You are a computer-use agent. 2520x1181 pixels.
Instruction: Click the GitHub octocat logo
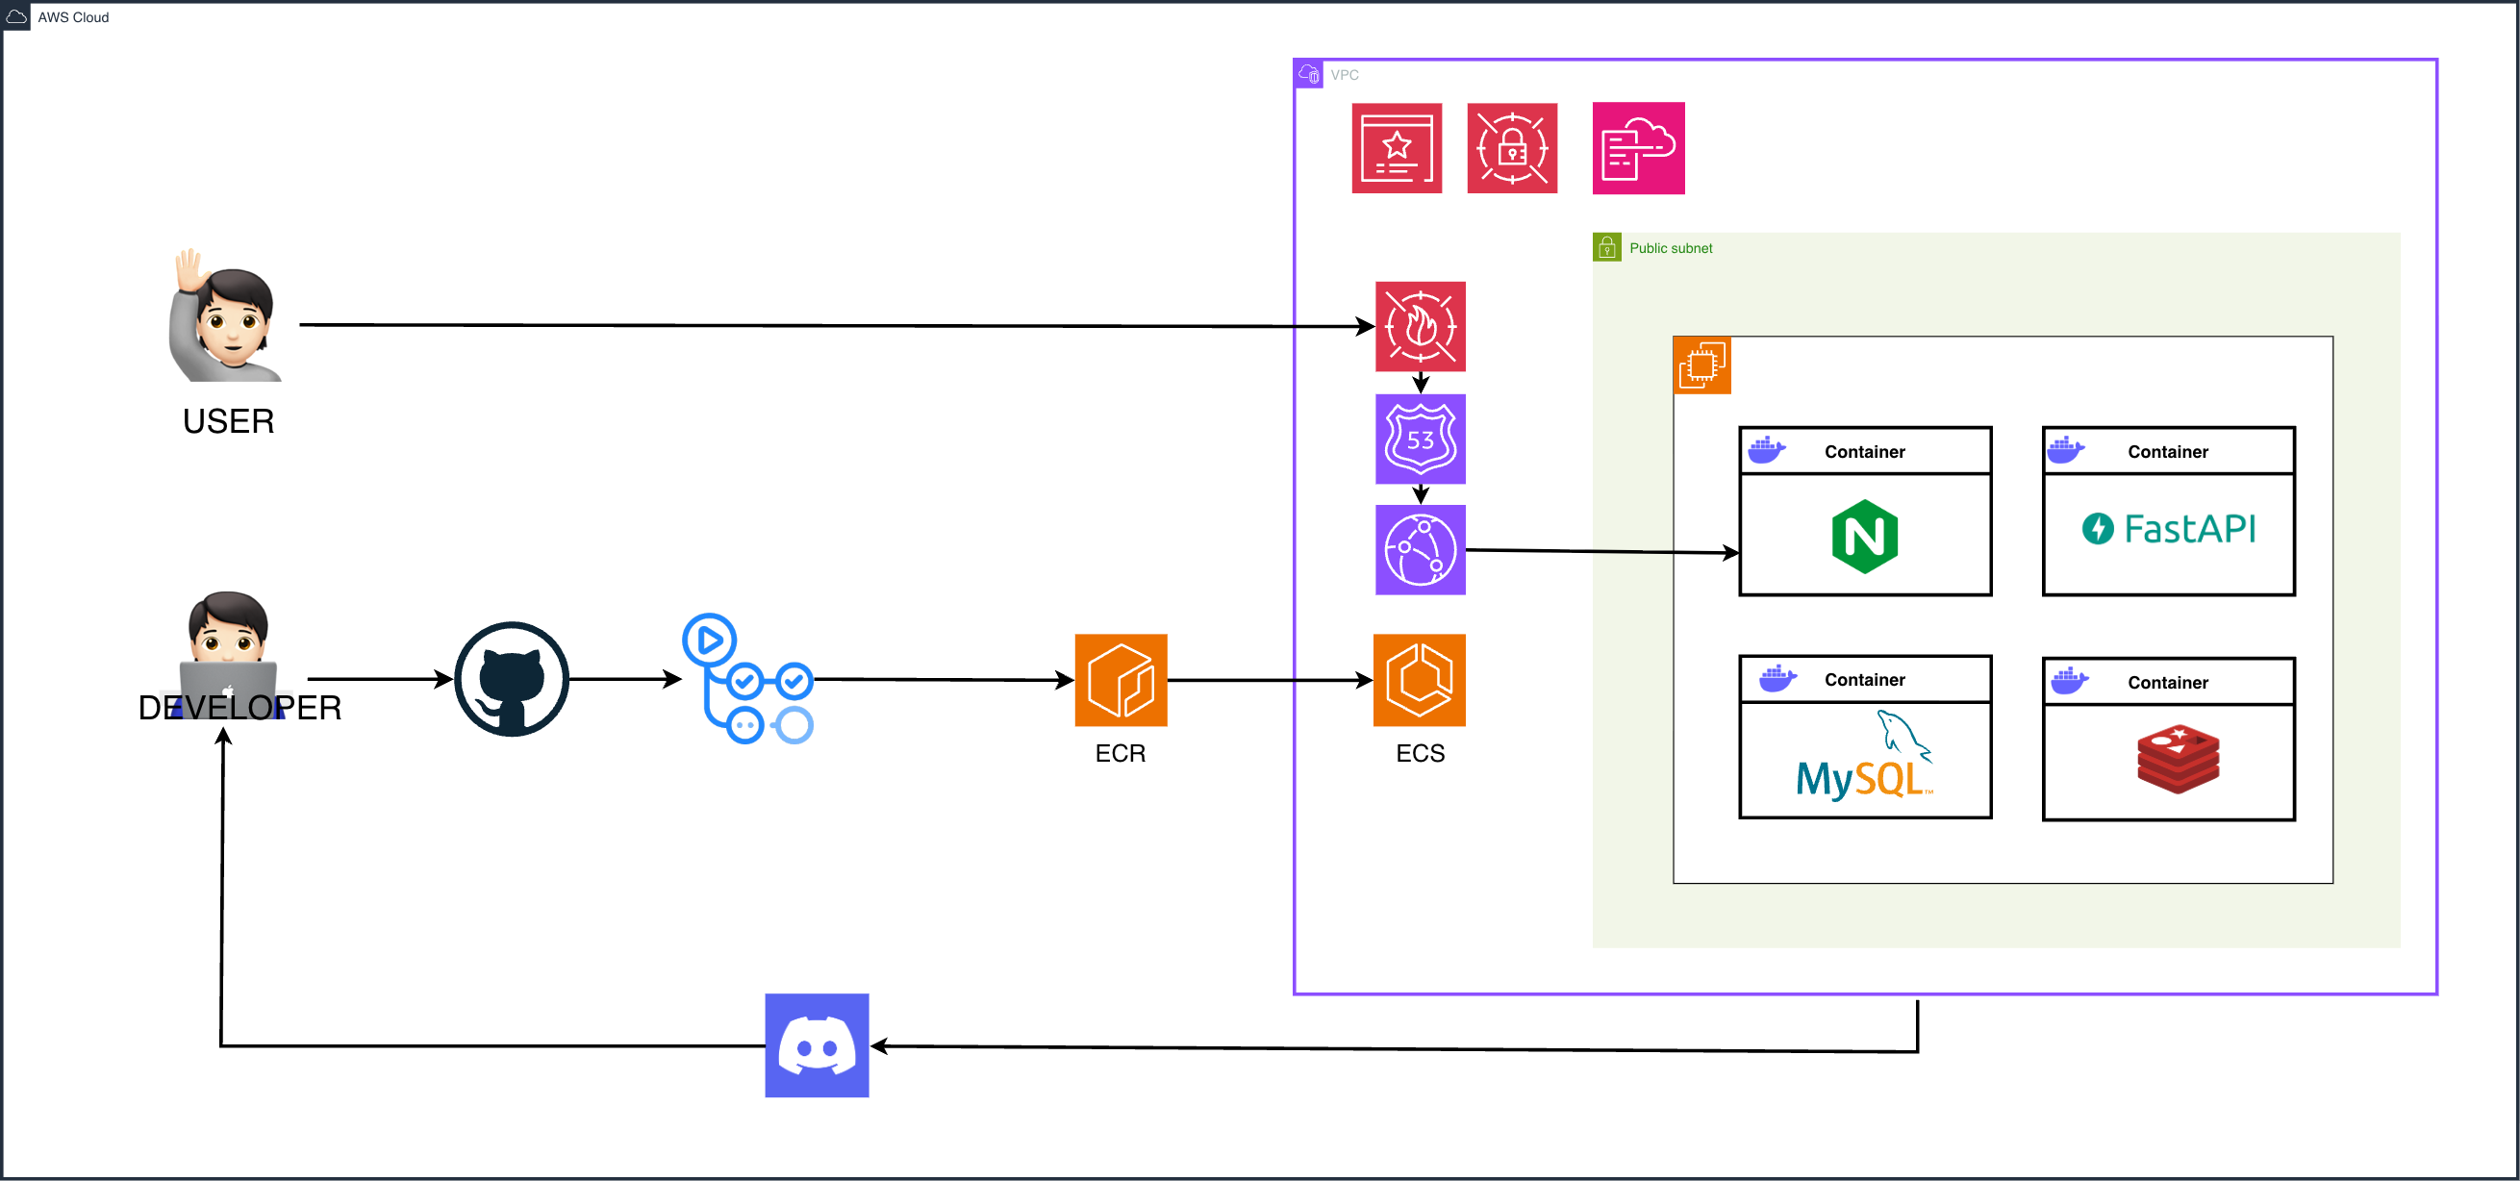point(512,678)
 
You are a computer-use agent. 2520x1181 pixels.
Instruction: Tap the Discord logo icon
point(817,1045)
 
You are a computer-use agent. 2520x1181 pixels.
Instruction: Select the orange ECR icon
point(1121,679)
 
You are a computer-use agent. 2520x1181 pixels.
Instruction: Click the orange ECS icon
point(1419,679)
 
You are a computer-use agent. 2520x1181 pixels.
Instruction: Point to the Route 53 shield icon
point(1420,439)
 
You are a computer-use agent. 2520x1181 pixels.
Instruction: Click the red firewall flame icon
point(1420,326)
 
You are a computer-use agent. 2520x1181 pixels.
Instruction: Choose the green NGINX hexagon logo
point(1864,537)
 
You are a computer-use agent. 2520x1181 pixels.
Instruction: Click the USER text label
point(228,420)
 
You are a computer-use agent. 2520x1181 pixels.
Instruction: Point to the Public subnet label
point(1670,248)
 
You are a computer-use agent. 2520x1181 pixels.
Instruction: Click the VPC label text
point(1344,75)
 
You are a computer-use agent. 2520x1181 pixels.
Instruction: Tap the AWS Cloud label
point(73,17)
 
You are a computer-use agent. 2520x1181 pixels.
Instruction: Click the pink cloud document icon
point(1638,148)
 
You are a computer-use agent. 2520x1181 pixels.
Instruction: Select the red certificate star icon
point(1396,148)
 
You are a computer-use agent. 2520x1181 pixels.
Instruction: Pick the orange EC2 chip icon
point(1702,364)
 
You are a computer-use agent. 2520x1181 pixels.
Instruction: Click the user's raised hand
point(188,270)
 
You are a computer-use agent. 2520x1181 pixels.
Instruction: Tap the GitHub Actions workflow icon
point(747,678)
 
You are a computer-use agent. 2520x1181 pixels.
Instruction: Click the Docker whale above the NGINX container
point(1766,450)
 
